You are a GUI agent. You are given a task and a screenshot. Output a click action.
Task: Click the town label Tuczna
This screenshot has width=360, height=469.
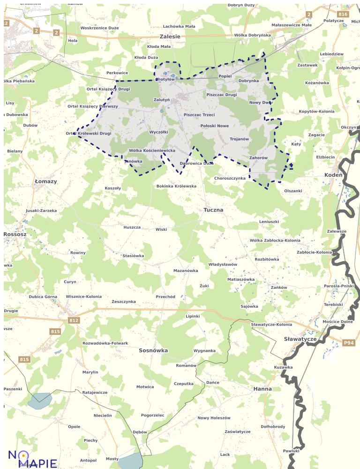213,210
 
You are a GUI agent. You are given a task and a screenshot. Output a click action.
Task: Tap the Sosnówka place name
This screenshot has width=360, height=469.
153,350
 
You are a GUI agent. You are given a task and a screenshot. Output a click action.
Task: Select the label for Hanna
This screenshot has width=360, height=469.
262,389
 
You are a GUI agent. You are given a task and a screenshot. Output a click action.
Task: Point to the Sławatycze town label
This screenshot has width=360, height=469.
300,339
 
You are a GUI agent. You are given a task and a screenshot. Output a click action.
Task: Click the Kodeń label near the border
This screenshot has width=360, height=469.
333,175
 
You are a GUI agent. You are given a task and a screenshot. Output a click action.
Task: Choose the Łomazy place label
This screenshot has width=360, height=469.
46,181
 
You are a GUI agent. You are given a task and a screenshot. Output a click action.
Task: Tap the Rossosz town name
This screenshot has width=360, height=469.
15,234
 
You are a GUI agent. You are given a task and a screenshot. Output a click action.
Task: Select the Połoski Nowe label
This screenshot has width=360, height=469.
214,126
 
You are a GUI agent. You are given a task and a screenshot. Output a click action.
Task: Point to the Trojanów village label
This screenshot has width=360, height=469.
239,139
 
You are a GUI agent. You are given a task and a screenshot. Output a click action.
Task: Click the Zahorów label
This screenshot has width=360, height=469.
258,158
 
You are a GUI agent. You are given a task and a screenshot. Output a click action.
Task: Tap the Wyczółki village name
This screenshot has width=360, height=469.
158,132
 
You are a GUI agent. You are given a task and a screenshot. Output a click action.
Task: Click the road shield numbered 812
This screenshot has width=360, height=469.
74,320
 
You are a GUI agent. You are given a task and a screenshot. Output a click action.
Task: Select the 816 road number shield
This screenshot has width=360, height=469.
343,15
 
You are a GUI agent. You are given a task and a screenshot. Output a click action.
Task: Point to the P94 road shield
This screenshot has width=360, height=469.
348,343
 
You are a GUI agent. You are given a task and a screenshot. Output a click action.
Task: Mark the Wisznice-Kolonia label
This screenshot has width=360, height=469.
83,296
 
